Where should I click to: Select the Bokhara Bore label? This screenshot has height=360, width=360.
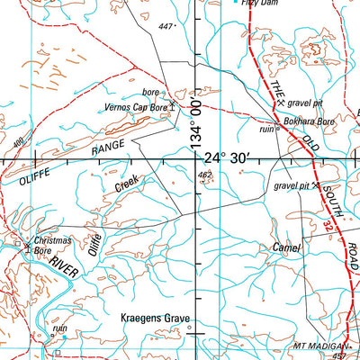(310, 119)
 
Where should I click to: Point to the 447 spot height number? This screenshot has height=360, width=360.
(165, 27)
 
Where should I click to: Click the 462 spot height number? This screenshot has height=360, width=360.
(204, 175)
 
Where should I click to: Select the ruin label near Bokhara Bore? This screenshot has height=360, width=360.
(267, 129)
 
